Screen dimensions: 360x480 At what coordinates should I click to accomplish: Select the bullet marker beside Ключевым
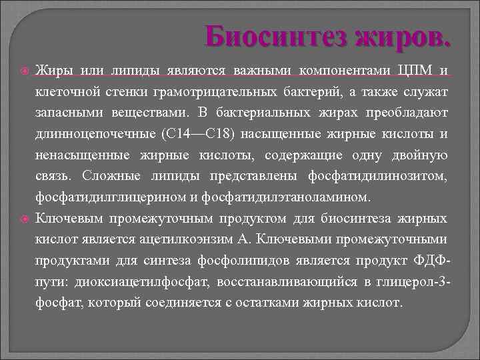pos(25,218)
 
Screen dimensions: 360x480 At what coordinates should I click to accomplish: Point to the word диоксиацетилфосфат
pos(148,281)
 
